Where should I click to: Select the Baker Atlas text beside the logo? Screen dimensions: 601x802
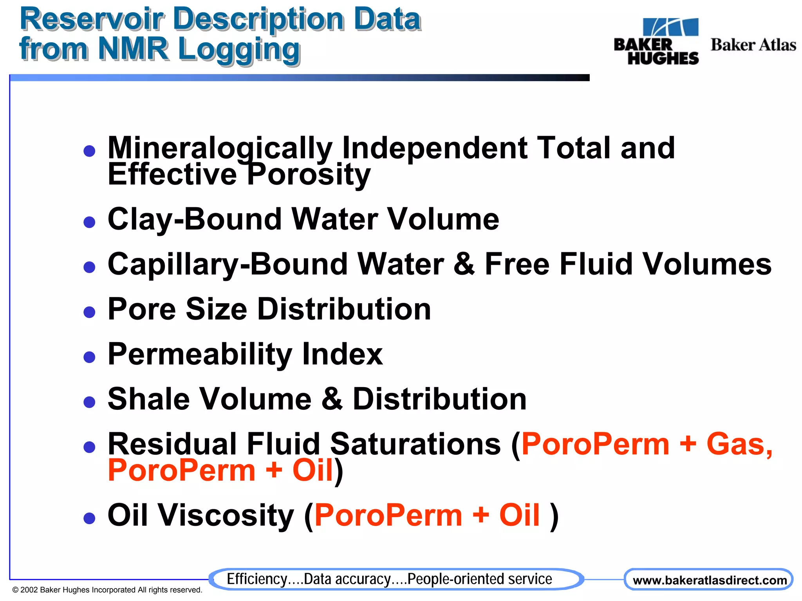(x=753, y=45)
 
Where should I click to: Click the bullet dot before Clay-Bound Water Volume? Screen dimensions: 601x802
(x=90, y=222)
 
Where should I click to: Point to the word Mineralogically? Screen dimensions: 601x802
(x=220, y=148)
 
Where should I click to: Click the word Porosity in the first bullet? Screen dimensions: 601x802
(x=309, y=174)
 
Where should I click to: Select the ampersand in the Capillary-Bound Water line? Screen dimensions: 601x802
(x=464, y=264)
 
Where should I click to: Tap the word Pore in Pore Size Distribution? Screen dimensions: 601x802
(x=142, y=309)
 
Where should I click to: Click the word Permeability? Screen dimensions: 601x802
(x=200, y=354)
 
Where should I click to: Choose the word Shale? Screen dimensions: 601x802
(x=149, y=399)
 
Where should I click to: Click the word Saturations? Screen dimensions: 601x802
(x=415, y=444)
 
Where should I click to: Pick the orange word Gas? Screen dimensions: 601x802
(x=740, y=444)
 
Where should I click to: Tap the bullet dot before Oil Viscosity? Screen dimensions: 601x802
(x=90, y=518)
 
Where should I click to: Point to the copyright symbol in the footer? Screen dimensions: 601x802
(x=15, y=590)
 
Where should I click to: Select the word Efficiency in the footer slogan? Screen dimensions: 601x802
(x=257, y=579)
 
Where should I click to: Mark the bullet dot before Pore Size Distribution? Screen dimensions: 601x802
(x=90, y=312)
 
